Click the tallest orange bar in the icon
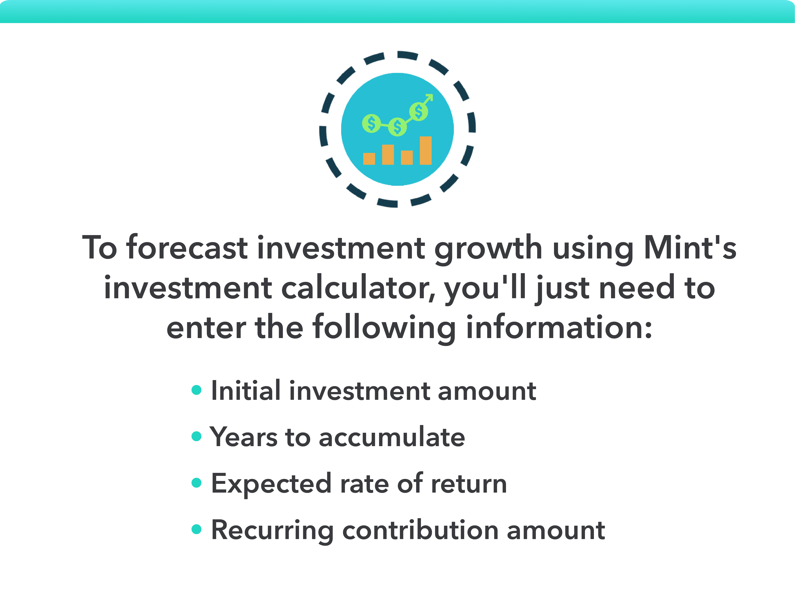coord(426,150)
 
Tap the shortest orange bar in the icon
coord(369,159)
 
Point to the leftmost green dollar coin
coord(371,124)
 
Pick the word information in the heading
coord(559,328)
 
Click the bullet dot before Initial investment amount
coord(197,390)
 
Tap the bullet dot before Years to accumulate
coord(197,436)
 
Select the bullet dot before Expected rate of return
coord(197,483)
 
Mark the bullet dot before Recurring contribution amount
coord(197,529)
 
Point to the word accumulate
coord(392,437)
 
